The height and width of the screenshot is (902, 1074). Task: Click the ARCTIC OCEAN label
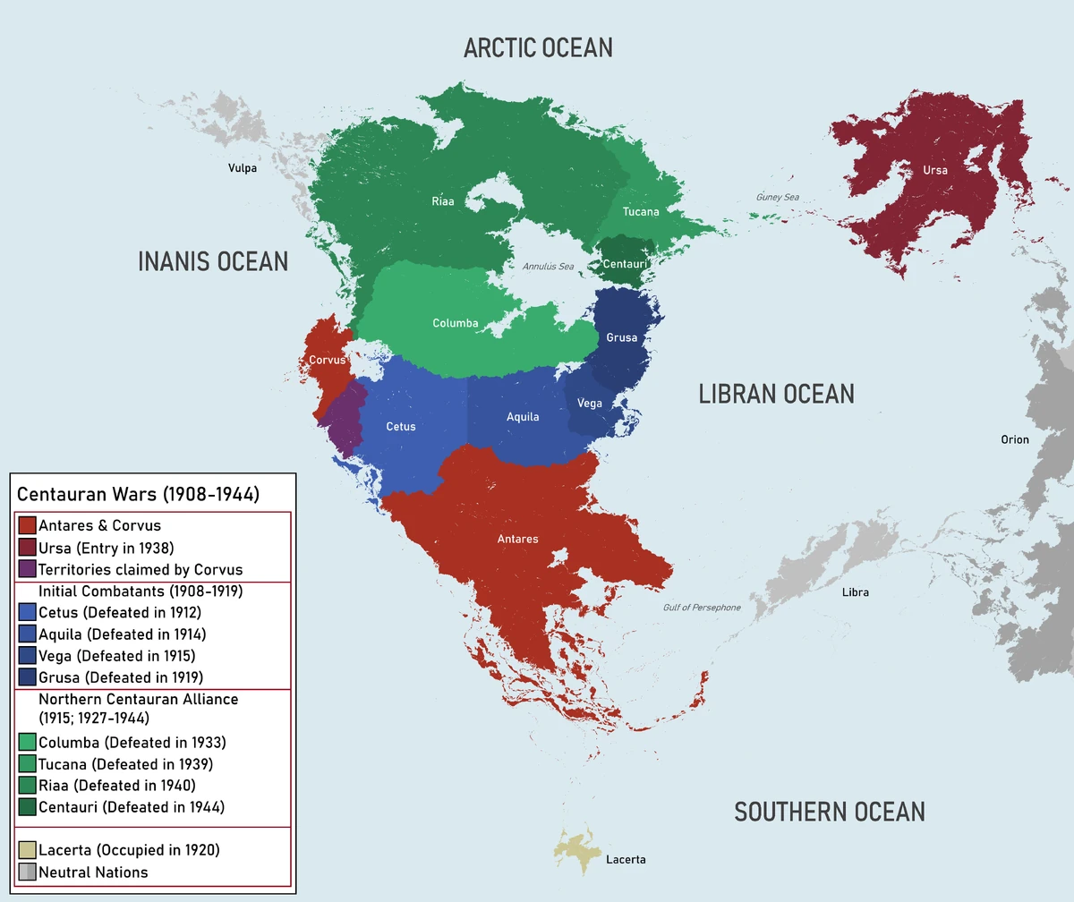click(x=538, y=48)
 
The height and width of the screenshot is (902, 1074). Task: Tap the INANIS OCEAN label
click(x=213, y=261)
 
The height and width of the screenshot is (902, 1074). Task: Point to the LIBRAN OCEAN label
click(x=776, y=394)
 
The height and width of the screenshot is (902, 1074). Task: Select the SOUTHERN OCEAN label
click(x=829, y=812)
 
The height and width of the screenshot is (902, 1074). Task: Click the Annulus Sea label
click(x=549, y=267)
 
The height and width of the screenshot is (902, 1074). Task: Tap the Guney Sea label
click(x=777, y=198)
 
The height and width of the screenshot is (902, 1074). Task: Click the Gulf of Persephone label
click(x=702, y=608)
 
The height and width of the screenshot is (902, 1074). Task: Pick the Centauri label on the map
click(x=625, y=264)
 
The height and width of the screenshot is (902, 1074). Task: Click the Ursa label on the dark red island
click(x=935, y=170)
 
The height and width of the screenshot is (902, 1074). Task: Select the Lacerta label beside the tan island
click(x=626, y=859)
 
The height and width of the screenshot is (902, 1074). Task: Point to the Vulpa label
click(x=242, y=167)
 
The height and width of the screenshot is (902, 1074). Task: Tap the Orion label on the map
click(x=1015, y=439)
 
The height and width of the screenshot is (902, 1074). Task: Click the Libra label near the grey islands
click(x=855, y=592)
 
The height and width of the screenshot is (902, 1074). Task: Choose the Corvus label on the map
click(x=327, y=360)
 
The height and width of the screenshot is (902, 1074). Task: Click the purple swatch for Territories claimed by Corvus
click(x=27, y=569)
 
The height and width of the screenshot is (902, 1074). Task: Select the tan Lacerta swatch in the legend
click(x=27, y=850)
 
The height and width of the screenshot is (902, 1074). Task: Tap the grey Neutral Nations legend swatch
click(x=27, y=872)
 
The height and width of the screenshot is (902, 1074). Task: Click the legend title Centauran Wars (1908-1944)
click(x=138, y=494)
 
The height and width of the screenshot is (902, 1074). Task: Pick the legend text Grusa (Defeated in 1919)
click(x=121, y=677)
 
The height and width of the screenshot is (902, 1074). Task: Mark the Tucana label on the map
click(x=641, y=212)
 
